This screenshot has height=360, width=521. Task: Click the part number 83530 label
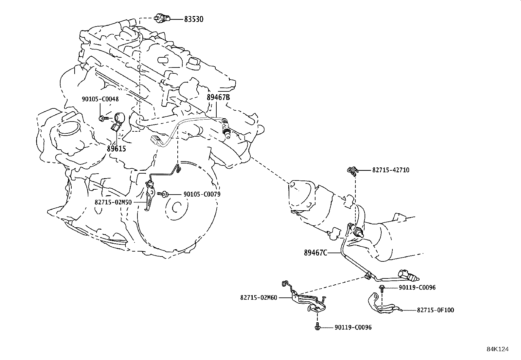click(193, 19)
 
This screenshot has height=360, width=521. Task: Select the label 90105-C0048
click(100, 99)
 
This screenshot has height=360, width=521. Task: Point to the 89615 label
click(116, 149)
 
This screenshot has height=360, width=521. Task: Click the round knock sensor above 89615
click(118, 117)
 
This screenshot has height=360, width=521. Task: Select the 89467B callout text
click(218, 97)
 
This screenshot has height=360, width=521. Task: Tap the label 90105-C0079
click(202, 194)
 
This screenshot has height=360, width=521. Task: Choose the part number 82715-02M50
click(113, 202)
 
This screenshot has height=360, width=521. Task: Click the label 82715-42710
click(390, 170)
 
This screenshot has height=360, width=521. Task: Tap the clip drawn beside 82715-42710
click(352, 170)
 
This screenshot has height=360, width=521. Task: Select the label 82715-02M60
click(259, 297)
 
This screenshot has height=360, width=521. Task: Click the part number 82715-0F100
click(435, 310)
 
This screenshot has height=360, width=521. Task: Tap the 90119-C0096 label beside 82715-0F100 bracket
click(417, 288)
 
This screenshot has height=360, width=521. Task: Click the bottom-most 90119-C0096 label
click(353, 327)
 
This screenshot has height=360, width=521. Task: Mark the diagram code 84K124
click(497, 349)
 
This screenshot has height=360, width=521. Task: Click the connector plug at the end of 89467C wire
click(407, 276)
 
